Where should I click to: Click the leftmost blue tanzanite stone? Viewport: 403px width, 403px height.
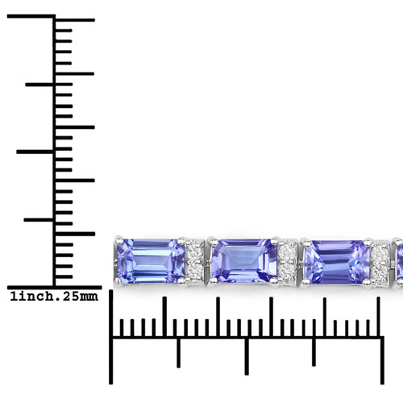151,261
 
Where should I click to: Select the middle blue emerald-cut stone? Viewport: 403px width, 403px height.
244,261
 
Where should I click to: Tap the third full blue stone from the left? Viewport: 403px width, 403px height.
337,262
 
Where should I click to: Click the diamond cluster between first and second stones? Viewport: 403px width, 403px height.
195,261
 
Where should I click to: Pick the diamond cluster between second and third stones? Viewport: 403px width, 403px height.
288,262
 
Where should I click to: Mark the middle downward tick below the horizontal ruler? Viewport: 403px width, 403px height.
247,355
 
